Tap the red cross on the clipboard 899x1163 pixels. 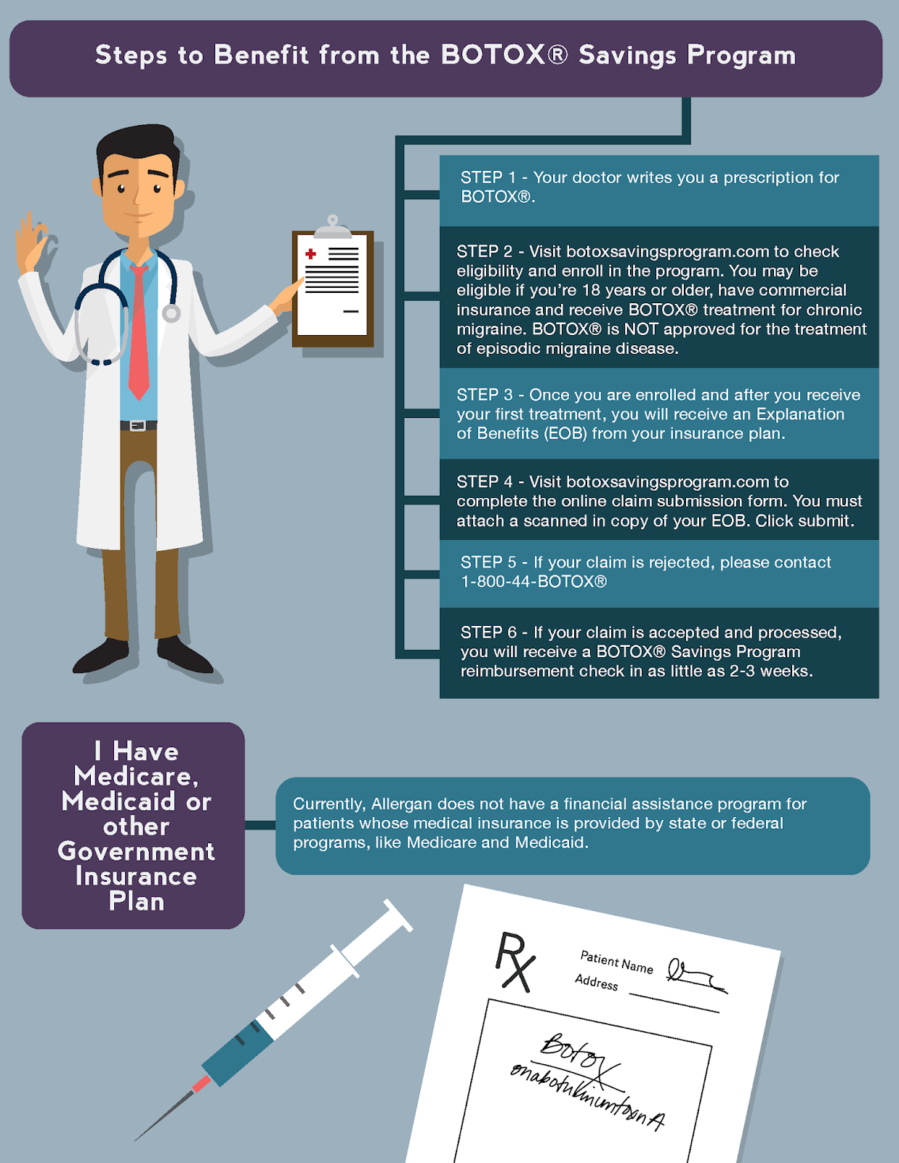pyautogui.click(x=311, y=254)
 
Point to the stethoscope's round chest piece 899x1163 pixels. pyautogui.click(x=172, y=313)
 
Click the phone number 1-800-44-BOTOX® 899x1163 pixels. pyautogui.click(x=533, y=581)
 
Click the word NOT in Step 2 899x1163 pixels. pyautogui.click(x=641, y=329)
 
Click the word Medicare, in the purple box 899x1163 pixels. pyautogui.click(x=136, y=776)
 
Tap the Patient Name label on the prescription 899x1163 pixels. pyautogui.click(x=616, y=962)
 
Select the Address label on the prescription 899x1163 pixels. pyautogui.click(x=596, y=982)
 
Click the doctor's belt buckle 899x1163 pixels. pyautogui.click(x=138, y=425)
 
